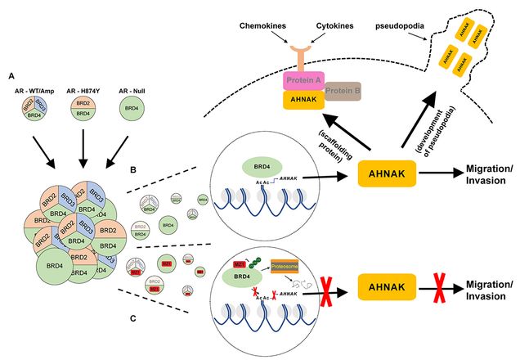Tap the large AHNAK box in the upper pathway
(387, 173)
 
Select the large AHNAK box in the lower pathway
(387, 290)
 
